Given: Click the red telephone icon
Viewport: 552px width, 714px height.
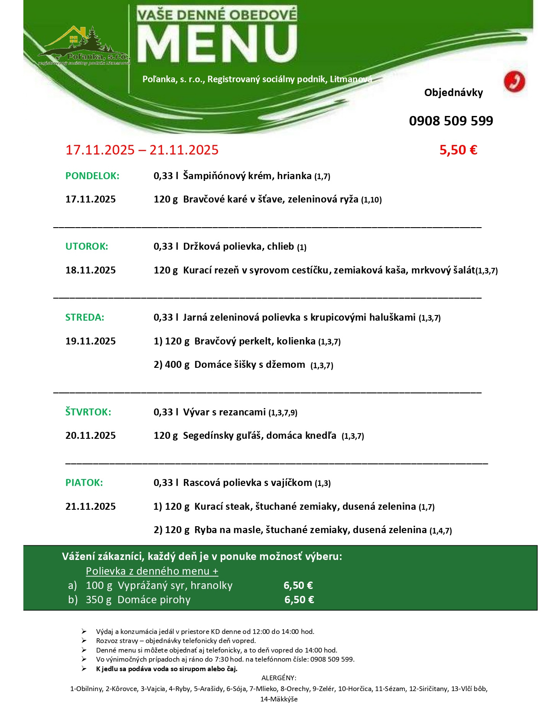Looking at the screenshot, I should pos(514,82).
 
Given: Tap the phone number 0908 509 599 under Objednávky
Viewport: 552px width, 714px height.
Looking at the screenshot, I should pos(451,121).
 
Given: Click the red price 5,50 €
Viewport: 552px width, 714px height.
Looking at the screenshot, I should pos(458,150).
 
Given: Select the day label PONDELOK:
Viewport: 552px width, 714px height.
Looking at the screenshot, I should pos(92,176).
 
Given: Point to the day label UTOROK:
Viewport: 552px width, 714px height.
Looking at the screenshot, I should pos(87,247).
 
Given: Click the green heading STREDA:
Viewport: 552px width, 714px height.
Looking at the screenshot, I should pos(85,318).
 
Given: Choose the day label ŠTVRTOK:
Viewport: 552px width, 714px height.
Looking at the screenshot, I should pos(88,412).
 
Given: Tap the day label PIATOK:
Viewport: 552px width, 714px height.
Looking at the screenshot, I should pos(84,483).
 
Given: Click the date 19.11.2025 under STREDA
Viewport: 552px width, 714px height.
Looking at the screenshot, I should pos(90,341).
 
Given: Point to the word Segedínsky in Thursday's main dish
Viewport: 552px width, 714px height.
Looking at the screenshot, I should pos(208,436).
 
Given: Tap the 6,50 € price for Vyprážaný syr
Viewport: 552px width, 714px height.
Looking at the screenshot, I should pos(298,585).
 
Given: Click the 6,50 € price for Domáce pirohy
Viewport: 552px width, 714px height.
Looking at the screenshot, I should pos(299,600).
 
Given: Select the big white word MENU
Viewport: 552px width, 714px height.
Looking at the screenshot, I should pos(217,43).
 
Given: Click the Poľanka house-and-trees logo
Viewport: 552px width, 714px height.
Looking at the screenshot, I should pos(82,45).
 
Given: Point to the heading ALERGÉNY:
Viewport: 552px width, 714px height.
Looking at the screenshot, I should pos(279,678).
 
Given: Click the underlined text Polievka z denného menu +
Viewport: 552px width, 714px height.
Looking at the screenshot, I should pos(152,571).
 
